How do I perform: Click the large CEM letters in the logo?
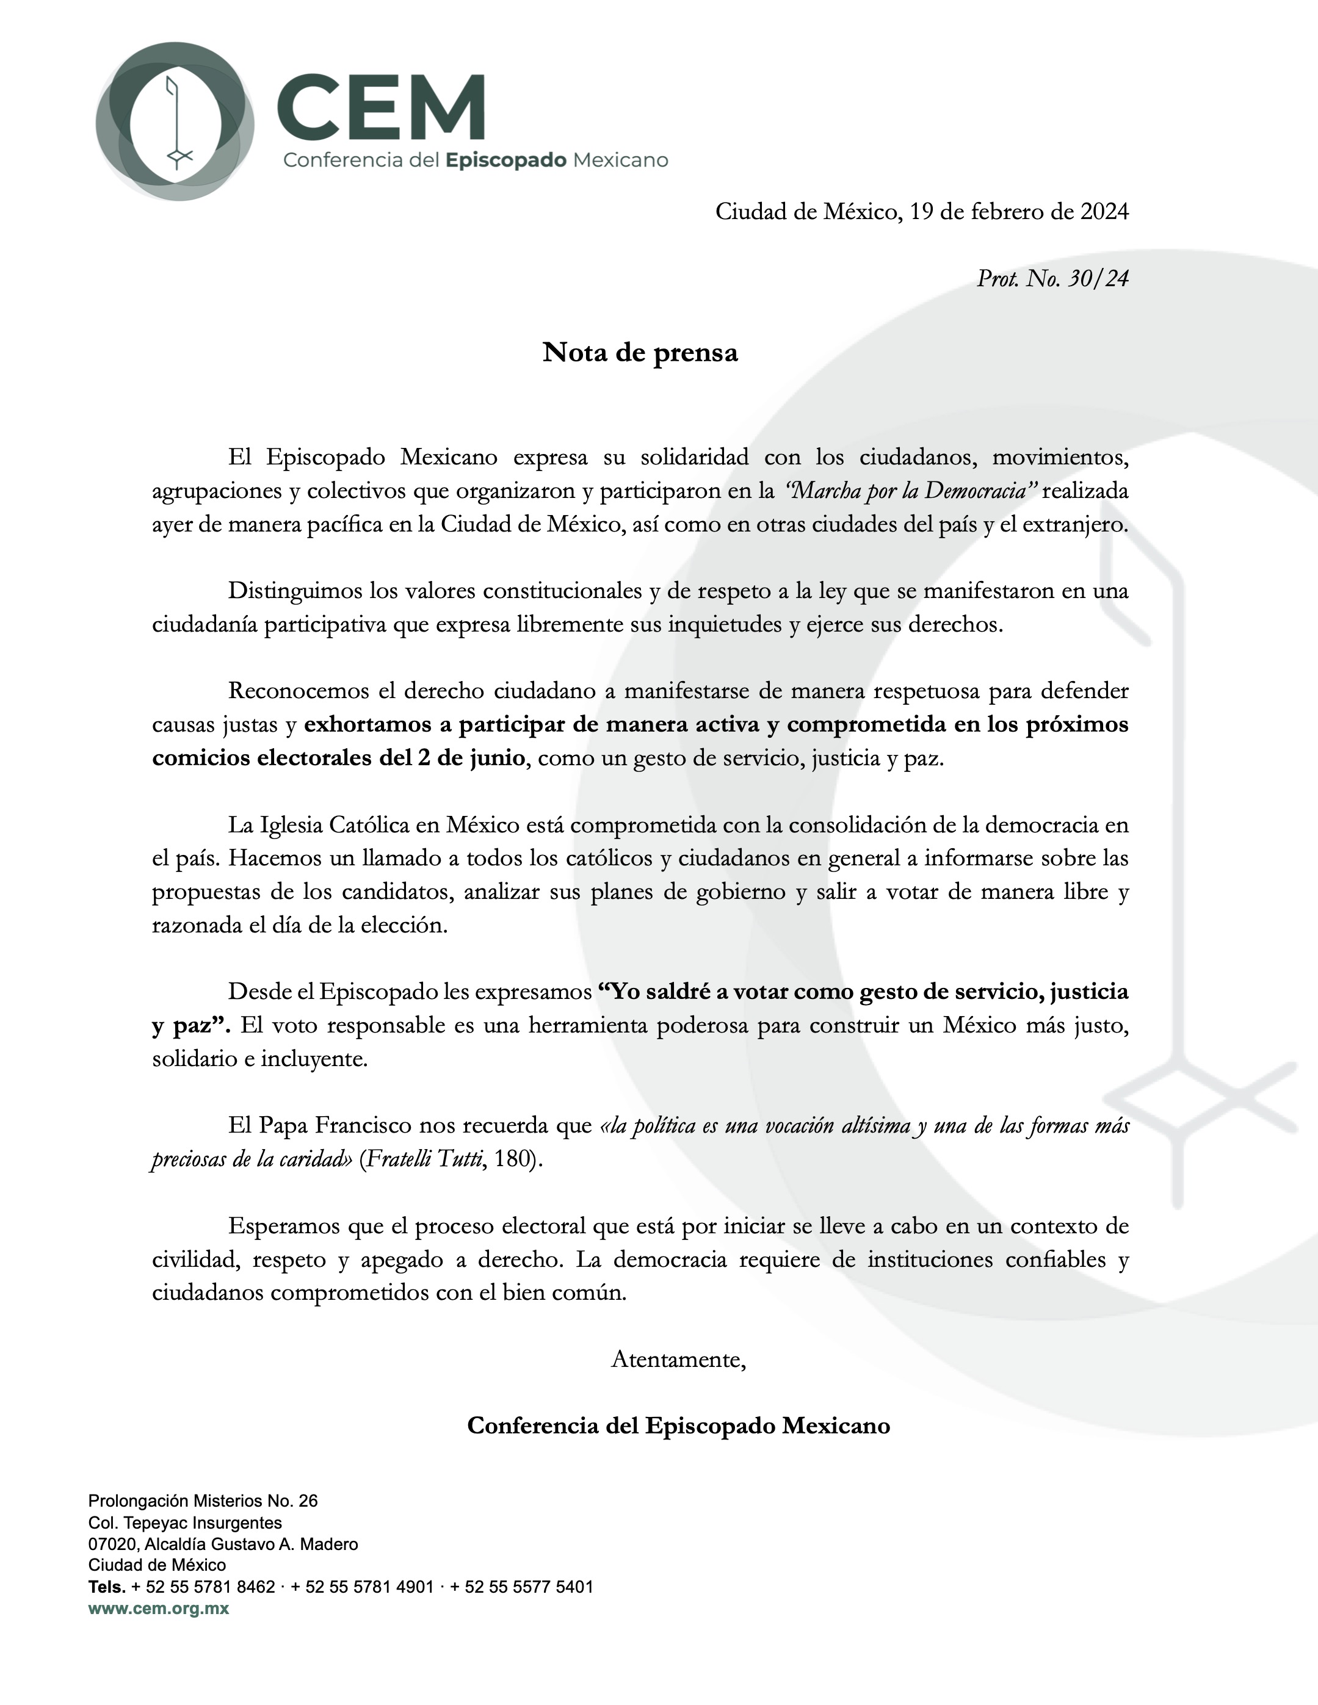(381, 108)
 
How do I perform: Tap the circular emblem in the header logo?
(175, 121)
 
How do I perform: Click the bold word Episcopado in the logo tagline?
(505, 160)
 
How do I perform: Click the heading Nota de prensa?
(640, 353)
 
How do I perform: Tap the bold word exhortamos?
(367, 724)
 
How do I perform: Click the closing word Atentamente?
(678, 1359)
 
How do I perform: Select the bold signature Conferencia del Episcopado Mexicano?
(678, 1426)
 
